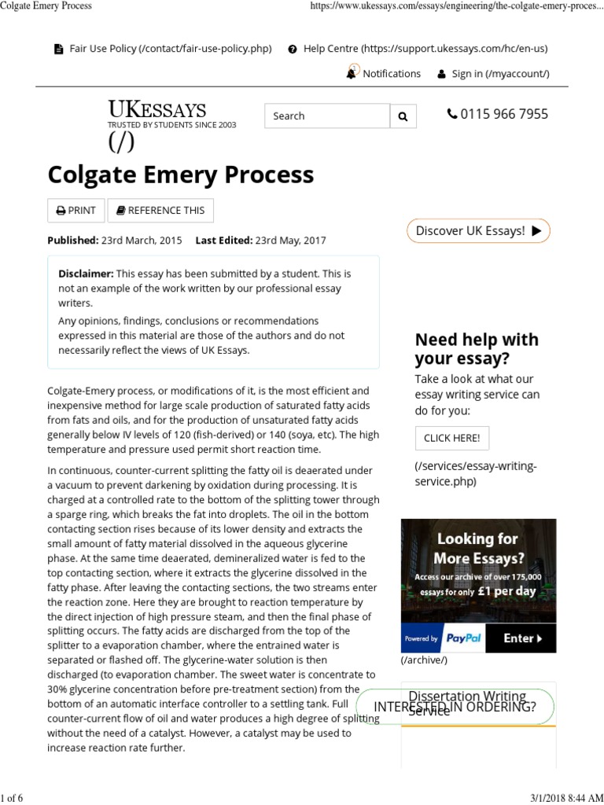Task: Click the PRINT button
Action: (x=76, y=210)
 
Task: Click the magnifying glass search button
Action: (x=403, y=116)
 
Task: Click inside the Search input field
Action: (x=326, y=116)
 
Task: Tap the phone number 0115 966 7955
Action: (x=497, y=114)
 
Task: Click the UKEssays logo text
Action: (x=157, y=109)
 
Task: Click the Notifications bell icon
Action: (x=351, y=73)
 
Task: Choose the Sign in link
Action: (x=493, y=74)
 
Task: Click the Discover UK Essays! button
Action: (x=478, y=231)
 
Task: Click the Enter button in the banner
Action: (x=523, y=638)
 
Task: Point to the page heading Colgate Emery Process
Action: (x=181, y=174)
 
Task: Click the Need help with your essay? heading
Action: (x=477, y=349)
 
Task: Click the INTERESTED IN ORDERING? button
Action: (x=455, y=706)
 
